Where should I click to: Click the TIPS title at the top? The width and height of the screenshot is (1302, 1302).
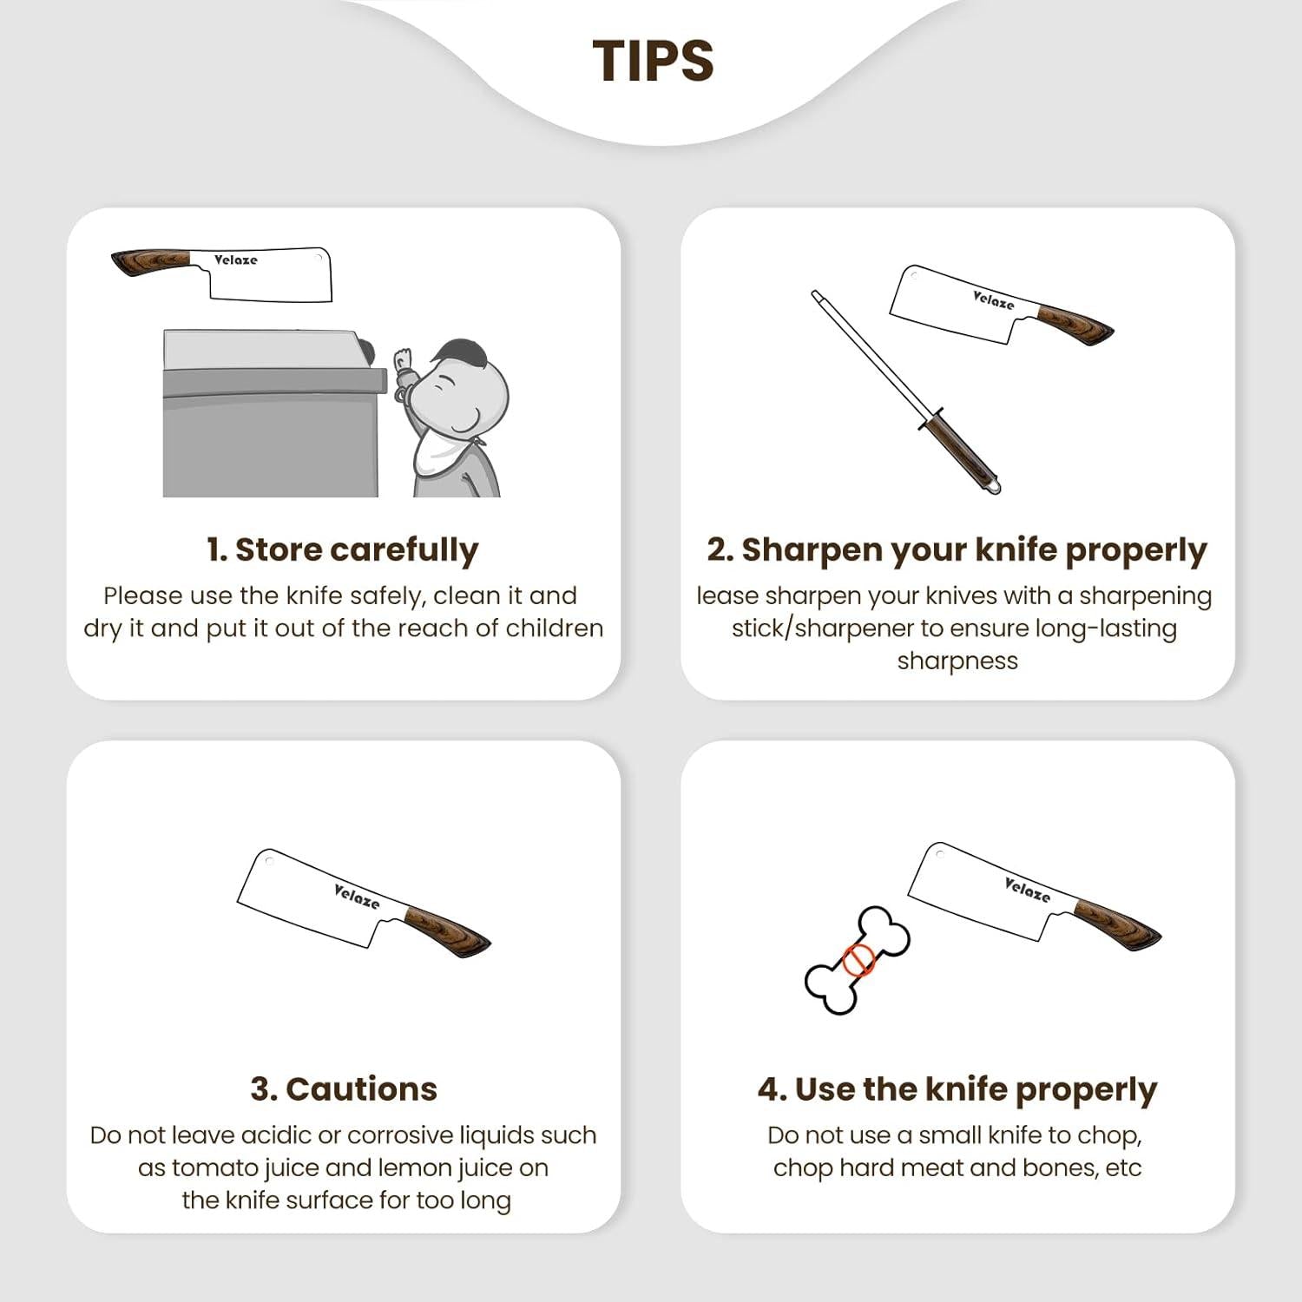(653, 61)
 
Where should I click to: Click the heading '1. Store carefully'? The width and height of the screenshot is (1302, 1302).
(343, 550)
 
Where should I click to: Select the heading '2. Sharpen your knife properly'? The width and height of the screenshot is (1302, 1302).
(957, 550)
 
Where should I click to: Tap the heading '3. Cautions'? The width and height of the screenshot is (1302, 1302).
(344, 1088)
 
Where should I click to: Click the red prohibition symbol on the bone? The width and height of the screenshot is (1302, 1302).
(858, 960)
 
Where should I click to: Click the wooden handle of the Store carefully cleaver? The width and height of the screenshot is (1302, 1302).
(152, 262)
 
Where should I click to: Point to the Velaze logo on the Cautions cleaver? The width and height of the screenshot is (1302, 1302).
(357, 896)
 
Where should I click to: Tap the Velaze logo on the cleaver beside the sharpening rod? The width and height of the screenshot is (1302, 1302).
(993, 300)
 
